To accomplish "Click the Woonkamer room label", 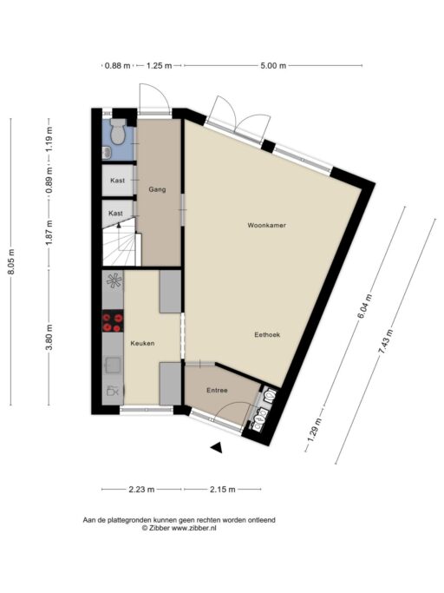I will [266, 225].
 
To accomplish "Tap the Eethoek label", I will [267, 334].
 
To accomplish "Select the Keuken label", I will [142, 344].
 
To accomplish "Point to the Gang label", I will [157, 189].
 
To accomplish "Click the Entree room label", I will [217, 391].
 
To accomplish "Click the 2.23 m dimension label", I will [141, 489].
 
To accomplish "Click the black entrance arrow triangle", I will [218, 446].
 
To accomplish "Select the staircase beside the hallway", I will [120, 245].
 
